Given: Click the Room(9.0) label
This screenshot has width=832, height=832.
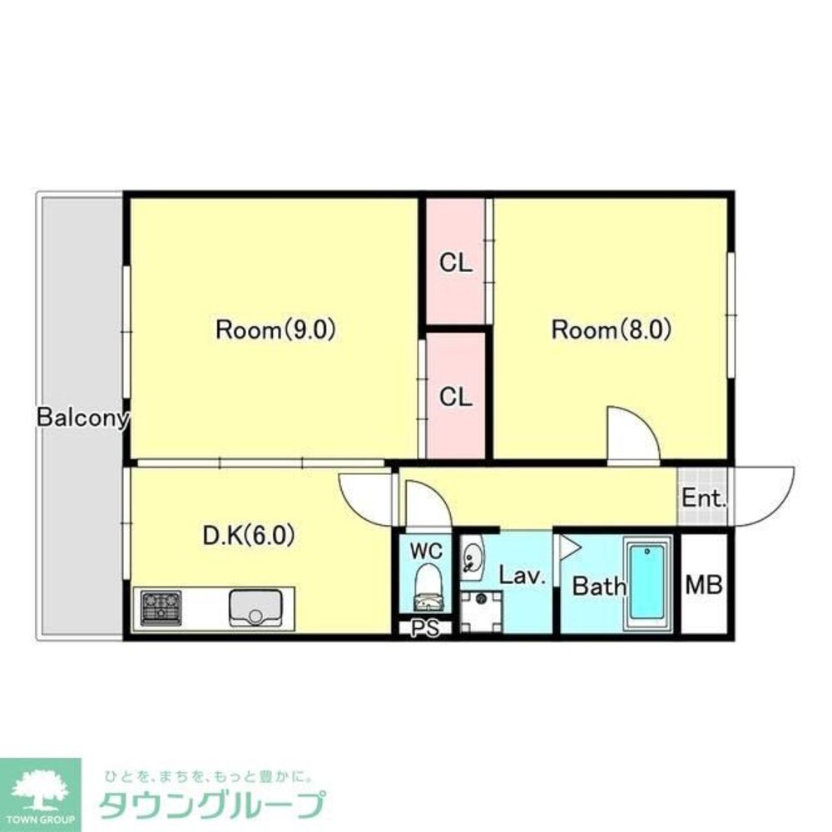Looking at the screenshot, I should coord(275,330).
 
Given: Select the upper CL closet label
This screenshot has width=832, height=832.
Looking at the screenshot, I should coord(456,264).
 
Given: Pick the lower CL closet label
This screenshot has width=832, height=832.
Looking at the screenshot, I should coord(456,397).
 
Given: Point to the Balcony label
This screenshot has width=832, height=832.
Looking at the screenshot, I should coord(82,418).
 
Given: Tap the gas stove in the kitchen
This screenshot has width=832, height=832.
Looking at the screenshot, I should coord(161,607).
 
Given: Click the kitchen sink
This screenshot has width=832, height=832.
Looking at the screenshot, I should coord(257,608).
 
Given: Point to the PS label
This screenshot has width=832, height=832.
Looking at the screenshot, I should coord(425,629).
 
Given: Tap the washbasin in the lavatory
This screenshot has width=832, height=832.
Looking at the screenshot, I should coord(472,557).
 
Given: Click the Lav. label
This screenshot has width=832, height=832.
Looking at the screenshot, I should coord(522,575).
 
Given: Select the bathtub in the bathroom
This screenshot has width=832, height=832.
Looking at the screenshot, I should coord(647,582).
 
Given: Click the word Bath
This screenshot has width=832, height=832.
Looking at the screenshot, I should coord(600,586).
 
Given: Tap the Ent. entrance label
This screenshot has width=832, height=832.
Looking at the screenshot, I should coord(705,500).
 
